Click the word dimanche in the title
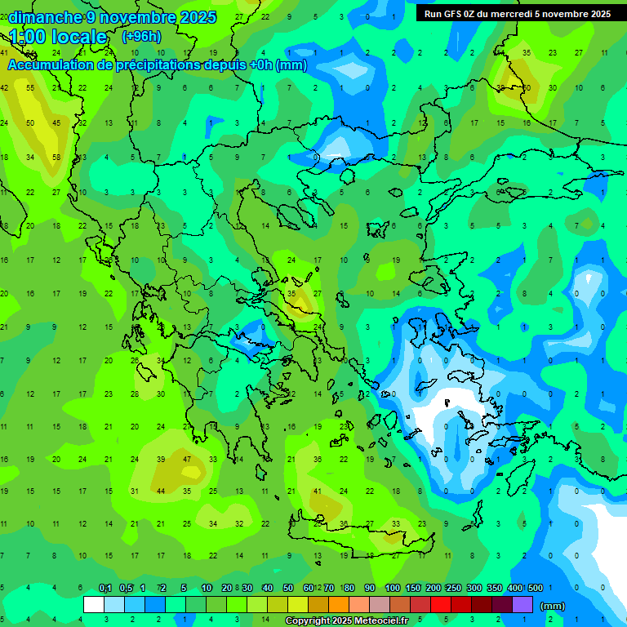(x=46, y=17)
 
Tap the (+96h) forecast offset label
(x=141, y=36)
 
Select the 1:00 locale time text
(x=58, y=37)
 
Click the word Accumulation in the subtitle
(x=56, y=65)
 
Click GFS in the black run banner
(x=452, y=14)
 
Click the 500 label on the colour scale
(x=535, y=588)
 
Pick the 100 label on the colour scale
(x=392, y=588)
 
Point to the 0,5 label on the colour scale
(x=126, y=588)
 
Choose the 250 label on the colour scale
(x=453, y=588)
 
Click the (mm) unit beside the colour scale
(x=553, y=606)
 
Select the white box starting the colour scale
(x=94, y=605)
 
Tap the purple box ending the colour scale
(x=522, y=605)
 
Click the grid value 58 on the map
(x=56, y=158)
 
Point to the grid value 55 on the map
(x=30, y=88)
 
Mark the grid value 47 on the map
(x=187, y=460)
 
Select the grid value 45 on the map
(x=56, y=123)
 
